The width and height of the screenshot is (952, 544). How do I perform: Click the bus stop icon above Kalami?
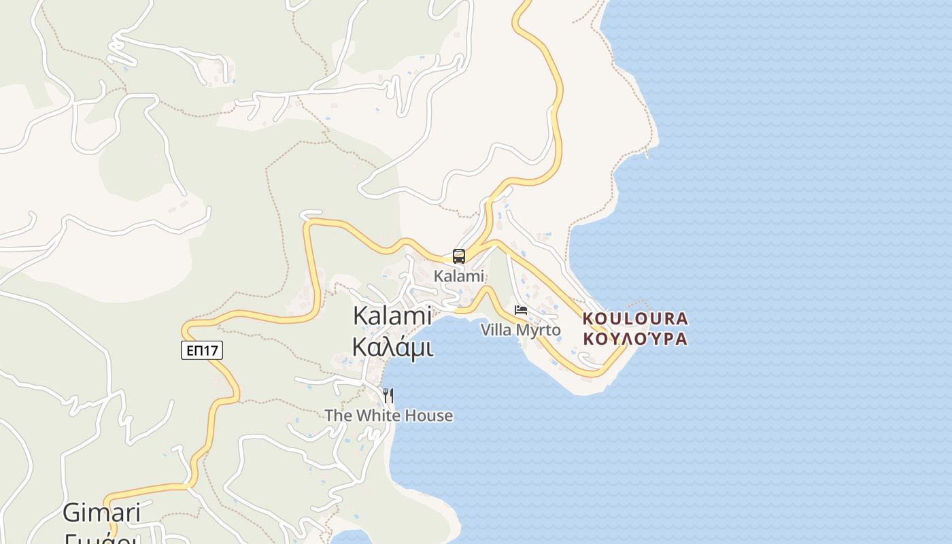point(459,256)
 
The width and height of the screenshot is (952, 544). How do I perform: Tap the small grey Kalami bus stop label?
point(459,276)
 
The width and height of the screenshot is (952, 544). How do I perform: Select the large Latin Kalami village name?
point(392,316)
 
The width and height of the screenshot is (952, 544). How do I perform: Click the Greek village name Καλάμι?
point(392,346)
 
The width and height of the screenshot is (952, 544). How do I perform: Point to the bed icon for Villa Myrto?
point(521,310)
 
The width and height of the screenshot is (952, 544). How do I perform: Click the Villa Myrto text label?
point(521,330)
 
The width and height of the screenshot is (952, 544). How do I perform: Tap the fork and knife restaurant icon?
point(388,395)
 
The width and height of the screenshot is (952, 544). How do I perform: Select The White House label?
point(388,415)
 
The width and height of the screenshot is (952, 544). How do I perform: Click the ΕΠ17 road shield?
point(202,350)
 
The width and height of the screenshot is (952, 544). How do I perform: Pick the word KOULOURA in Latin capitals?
point(635,318)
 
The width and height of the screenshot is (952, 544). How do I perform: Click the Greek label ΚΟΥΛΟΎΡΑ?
point(635,338)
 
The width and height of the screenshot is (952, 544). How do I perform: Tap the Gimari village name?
point(101,512)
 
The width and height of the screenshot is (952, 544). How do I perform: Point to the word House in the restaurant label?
point(429,415)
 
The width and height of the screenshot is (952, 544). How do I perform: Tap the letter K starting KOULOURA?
point(588,318)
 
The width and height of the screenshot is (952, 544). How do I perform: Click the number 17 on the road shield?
point(211,350)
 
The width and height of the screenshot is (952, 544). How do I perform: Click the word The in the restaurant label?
point(338,415)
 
